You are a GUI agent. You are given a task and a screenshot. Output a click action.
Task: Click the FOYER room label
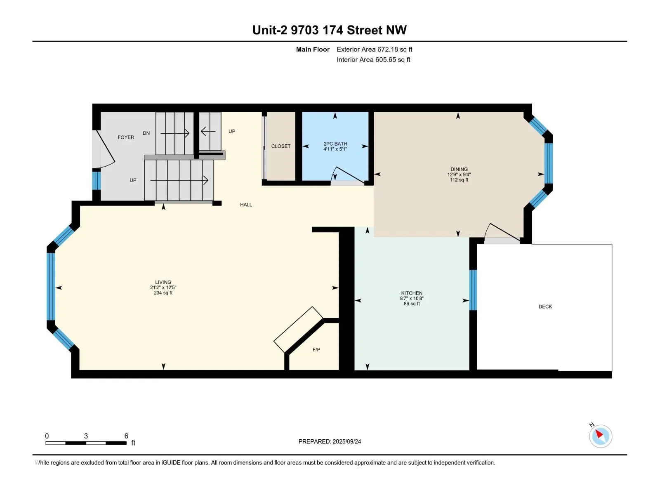click(x=126, y=137)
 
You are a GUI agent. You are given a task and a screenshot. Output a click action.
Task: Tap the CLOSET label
click(x=281, y=146)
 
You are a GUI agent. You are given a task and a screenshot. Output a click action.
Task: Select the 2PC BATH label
click(x=335, y=144)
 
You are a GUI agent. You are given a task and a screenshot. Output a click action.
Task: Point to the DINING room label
click(x=459, y=169)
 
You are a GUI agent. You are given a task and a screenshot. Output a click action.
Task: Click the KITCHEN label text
click(x=412, y=293)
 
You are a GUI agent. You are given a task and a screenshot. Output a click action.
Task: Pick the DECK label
click(x=545, y=306)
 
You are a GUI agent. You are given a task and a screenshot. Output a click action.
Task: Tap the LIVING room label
click(x=163, y=282)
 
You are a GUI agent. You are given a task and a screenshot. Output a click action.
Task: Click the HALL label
click(x=246, y=205)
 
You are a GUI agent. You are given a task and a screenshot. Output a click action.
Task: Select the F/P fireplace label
click(x=316, y=349)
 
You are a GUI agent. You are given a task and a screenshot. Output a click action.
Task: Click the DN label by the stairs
click(x=146, y=133)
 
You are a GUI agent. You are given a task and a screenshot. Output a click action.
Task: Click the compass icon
click(x=600, y=436)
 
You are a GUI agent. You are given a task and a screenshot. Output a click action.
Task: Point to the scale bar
click(x=86, y=443)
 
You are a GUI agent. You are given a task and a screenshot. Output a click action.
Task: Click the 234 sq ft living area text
click(x=163, y=293)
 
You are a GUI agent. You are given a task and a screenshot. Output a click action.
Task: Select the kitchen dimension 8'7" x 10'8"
click(x=412, y=298)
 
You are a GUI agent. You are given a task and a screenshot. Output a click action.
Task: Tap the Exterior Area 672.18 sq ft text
click(x=375, y=49)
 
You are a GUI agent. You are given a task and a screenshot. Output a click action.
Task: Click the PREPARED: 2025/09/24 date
click(x=330, y=441)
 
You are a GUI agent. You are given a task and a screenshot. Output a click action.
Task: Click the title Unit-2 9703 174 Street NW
click(x=330, y=30)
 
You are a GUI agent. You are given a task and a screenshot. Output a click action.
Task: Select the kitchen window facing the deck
click(x=473, y=290)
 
